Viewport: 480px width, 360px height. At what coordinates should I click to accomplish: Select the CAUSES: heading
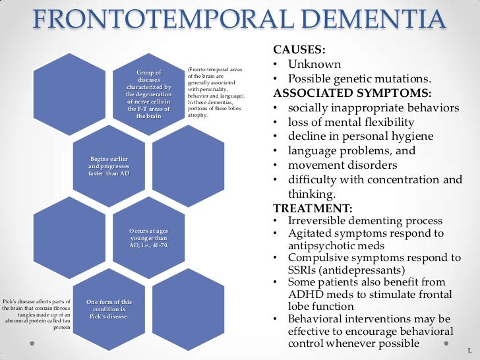click(x=298, y=50)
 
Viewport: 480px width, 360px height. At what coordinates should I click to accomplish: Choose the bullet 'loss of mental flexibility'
click(x=351, y=122)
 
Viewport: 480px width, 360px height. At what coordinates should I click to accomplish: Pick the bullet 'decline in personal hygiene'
click(x=361, y=136)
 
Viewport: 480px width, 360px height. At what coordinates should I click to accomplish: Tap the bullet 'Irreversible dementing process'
click(x=365, y=221)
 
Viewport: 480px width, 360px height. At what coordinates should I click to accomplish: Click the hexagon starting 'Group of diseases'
click(x=148, y=94)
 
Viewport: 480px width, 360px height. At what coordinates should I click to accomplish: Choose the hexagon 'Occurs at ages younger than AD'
click(x=148, y=239)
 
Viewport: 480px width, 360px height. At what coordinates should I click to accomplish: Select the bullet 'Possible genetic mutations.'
click(x=359, y=78)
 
